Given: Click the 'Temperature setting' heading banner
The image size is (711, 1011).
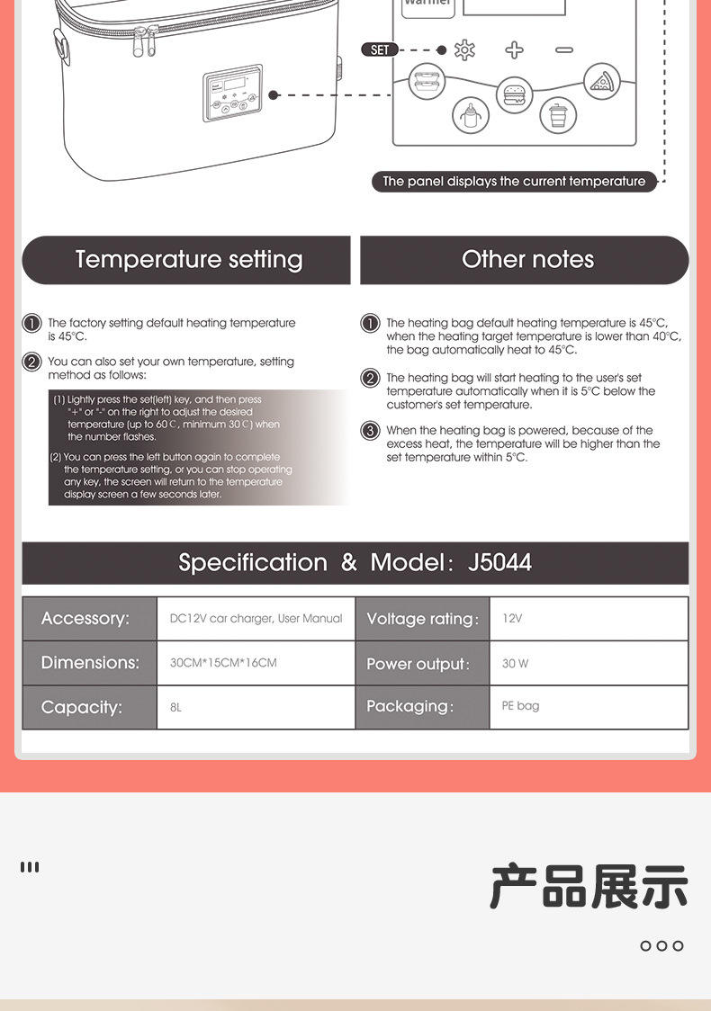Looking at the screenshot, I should click(186, 260).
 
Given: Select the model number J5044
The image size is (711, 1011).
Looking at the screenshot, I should click(499, 563).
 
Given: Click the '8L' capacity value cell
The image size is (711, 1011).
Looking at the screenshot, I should click(255, 707).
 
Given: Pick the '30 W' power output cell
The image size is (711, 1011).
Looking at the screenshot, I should click(588, 663).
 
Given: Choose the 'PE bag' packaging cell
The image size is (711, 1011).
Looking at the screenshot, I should click(588, 706).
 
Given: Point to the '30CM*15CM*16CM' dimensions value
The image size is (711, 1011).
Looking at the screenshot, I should click(255, 663).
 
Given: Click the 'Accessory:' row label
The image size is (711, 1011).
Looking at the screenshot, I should click(88, 619).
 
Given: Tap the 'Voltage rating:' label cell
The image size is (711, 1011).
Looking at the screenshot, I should click(422, 619).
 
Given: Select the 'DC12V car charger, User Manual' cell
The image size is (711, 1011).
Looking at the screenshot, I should click(256, 619).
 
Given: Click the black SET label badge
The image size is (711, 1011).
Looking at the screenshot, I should click(380, 49).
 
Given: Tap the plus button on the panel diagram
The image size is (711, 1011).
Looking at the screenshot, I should click(514, 49).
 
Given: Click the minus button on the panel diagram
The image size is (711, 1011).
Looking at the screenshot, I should click(564, 49).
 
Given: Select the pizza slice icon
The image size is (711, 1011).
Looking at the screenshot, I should click(601, 82).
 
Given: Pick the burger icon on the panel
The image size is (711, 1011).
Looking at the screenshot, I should click(514, 94).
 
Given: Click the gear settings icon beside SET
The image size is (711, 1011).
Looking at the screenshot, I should click(464, 49).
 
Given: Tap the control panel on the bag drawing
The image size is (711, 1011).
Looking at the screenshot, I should click(232, 93).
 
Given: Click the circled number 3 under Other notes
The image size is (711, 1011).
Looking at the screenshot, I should click(370, 431).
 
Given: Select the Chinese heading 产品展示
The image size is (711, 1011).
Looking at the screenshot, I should click(589, 886).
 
